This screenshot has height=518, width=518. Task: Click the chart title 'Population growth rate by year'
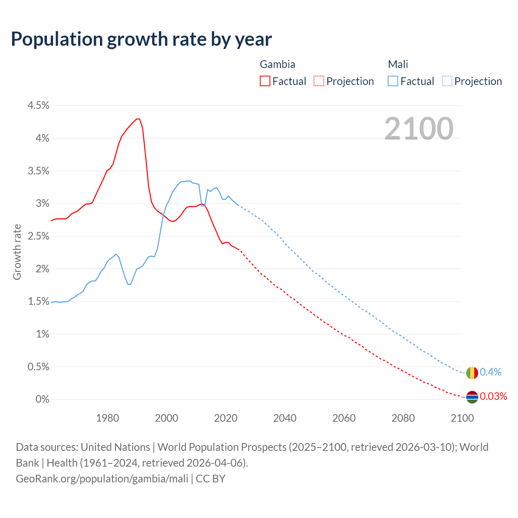(141, 39)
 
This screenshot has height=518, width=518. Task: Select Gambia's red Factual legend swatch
(265, 81)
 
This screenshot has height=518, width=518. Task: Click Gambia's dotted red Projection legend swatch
(319, 81)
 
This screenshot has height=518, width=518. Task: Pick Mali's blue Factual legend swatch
(393, 81)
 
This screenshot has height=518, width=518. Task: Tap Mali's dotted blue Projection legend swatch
(447, 81)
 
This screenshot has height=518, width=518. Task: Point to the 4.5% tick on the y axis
(38, 106)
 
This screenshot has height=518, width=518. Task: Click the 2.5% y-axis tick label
(38, 236)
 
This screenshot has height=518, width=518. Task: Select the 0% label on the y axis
(42, 399)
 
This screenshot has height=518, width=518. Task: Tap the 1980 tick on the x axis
(108, 418)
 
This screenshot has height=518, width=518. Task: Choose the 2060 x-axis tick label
(344, 418)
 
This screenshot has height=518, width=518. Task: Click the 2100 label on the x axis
(462, 418)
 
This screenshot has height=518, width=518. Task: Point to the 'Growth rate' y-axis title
(17, 252)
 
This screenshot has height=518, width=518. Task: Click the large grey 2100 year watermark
(419, 129)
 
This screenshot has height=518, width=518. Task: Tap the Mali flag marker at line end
(472, 373)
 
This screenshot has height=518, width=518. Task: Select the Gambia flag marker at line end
(472, 397)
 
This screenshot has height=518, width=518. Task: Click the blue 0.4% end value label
(490, 372)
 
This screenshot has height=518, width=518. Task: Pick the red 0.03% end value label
(493, 397)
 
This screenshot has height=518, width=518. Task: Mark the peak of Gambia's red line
(138, 119)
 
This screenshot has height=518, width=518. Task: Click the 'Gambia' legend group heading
(277, 64)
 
